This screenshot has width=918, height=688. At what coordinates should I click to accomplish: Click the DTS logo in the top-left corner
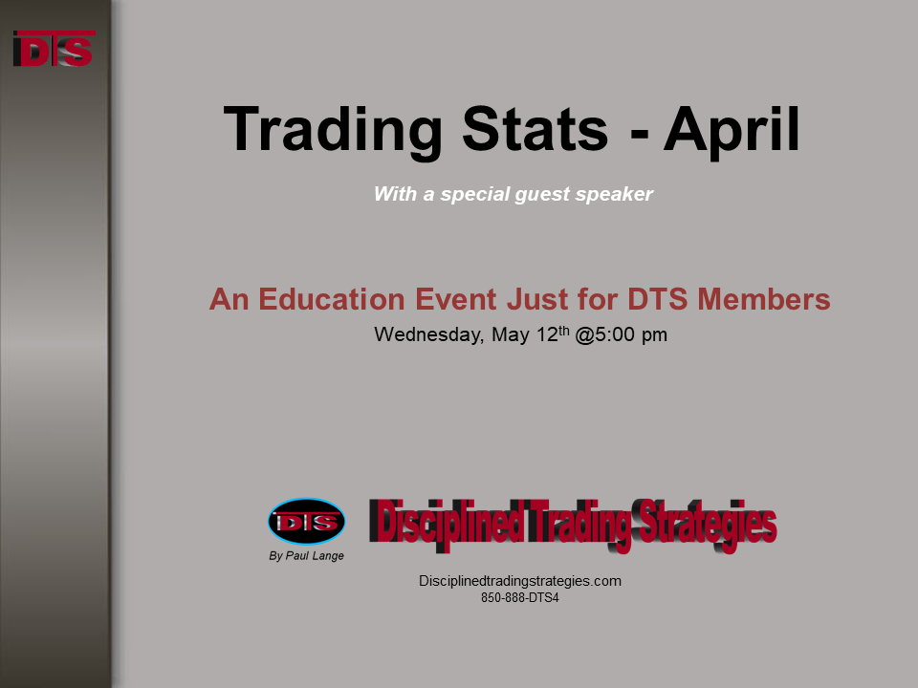point(54,49)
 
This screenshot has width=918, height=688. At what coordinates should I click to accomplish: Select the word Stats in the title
point(535,129)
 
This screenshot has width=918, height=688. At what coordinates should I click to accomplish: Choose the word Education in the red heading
point(332,299)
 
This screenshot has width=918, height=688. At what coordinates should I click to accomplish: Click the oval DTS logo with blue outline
point(307,522)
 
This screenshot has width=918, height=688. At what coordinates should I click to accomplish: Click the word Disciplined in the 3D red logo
point(447,523)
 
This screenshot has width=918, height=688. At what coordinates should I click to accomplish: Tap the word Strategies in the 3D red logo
point(708,524)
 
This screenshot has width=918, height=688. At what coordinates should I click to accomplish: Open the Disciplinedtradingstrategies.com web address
point(520,581)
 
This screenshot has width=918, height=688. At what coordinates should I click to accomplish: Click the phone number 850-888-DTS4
point(520,598)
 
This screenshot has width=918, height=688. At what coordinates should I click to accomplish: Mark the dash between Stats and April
point(640,135)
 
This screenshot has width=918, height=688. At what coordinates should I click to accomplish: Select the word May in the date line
point(511,335)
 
